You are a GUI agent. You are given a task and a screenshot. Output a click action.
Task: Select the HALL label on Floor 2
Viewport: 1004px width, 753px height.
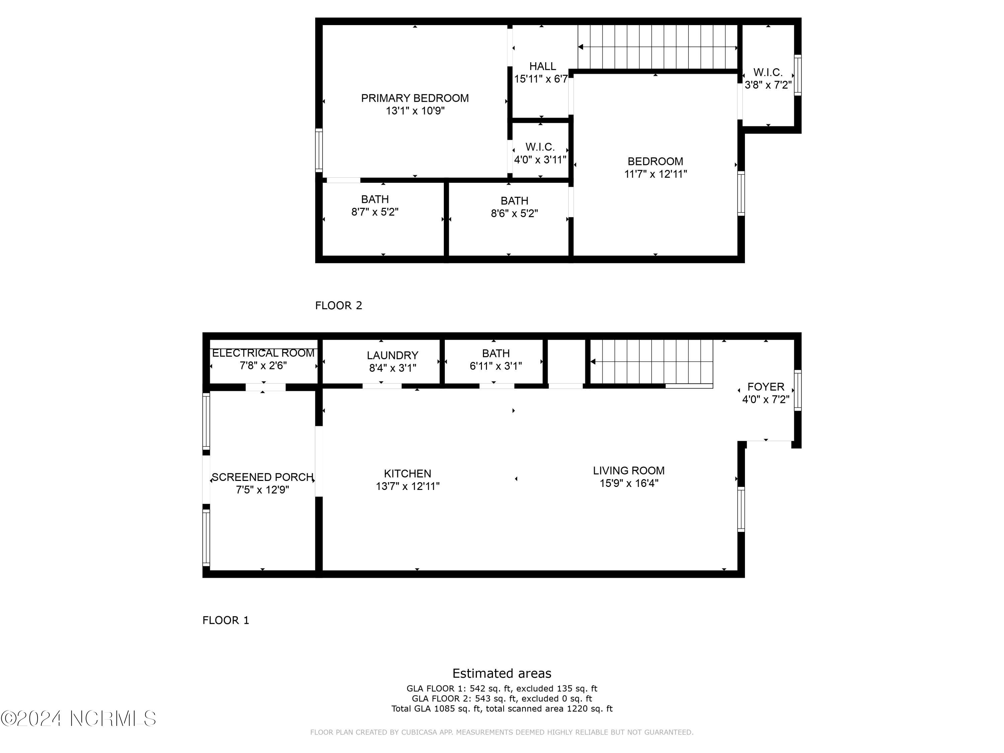[542, 66]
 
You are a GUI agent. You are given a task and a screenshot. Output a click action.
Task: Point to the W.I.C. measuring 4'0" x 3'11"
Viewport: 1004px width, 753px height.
[540, 153]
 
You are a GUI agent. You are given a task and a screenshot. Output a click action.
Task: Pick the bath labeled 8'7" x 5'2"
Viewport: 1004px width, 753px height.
[375, 205]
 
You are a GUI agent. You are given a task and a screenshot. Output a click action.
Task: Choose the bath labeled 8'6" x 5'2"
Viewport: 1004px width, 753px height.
[514, 207]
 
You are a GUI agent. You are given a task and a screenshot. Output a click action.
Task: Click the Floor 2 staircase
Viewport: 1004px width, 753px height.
[657, 47]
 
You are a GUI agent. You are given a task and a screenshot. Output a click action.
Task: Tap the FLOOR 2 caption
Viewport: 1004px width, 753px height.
[339, 306]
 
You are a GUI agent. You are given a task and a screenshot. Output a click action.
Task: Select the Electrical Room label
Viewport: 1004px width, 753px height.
[263, 353]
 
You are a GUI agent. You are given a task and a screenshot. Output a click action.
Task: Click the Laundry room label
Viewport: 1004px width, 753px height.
[393, 355]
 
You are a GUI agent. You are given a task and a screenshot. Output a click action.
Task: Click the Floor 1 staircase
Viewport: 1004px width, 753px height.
[651, 362]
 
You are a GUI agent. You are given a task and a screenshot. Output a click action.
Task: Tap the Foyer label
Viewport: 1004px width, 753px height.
[766, 387]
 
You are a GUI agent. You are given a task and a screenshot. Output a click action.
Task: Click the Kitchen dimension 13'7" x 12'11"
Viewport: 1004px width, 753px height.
[408, 487]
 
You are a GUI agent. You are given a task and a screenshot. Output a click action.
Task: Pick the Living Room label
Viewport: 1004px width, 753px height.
[629, 471]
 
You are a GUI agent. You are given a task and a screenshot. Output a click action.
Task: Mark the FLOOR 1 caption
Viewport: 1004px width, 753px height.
[226, 620]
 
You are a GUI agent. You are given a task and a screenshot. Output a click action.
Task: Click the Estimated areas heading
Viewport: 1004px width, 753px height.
[502, 673]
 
